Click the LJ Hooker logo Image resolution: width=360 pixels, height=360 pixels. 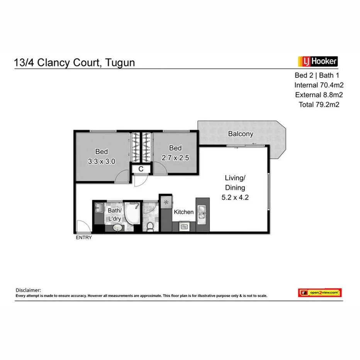[318, 61]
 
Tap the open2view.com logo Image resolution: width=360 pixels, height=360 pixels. [320, 293]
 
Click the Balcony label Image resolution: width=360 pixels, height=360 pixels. [241, 134]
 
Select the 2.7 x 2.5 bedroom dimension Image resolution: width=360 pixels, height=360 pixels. [175, 158]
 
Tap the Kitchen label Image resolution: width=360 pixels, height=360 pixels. [183, 212]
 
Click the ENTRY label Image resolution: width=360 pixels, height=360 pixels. [84, 238]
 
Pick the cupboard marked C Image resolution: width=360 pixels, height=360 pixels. [141, 169]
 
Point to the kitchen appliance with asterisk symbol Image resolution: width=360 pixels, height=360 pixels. [166, 202]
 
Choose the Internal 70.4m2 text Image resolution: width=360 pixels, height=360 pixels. [319, 85]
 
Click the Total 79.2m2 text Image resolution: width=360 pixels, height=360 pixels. [319, 104]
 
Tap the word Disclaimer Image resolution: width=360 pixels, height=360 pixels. [28, 290]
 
